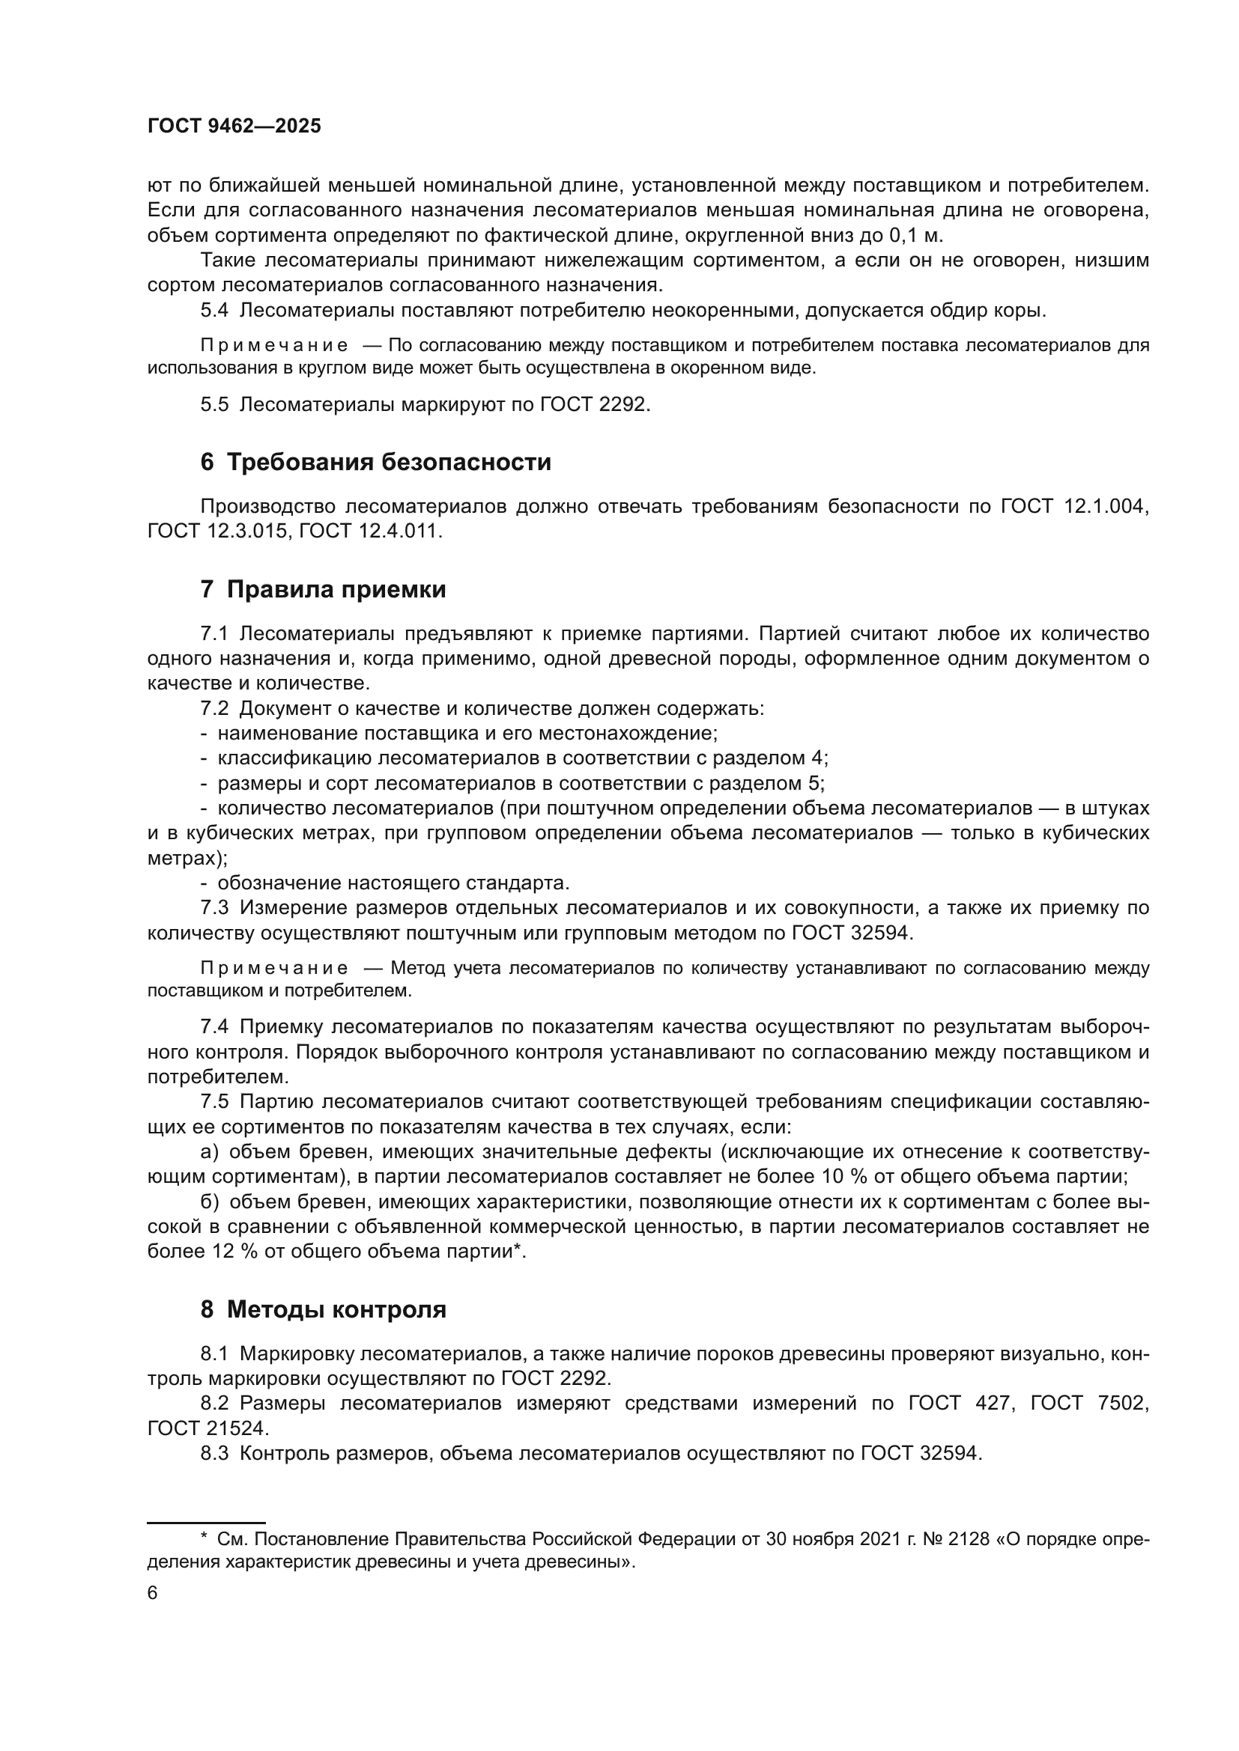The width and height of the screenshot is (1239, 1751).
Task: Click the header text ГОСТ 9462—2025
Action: point(234,127)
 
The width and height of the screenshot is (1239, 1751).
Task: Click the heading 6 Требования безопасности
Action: point(375,463)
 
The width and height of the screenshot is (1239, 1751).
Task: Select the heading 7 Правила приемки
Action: point(323,589)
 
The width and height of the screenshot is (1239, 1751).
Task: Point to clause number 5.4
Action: point(214,311)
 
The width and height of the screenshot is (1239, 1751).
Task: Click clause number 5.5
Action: point(214,404)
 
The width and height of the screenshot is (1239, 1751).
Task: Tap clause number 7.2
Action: point(214,708)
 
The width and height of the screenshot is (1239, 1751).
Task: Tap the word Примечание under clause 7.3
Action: point(275,969)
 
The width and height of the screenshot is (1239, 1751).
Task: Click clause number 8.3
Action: point(214,1453)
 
